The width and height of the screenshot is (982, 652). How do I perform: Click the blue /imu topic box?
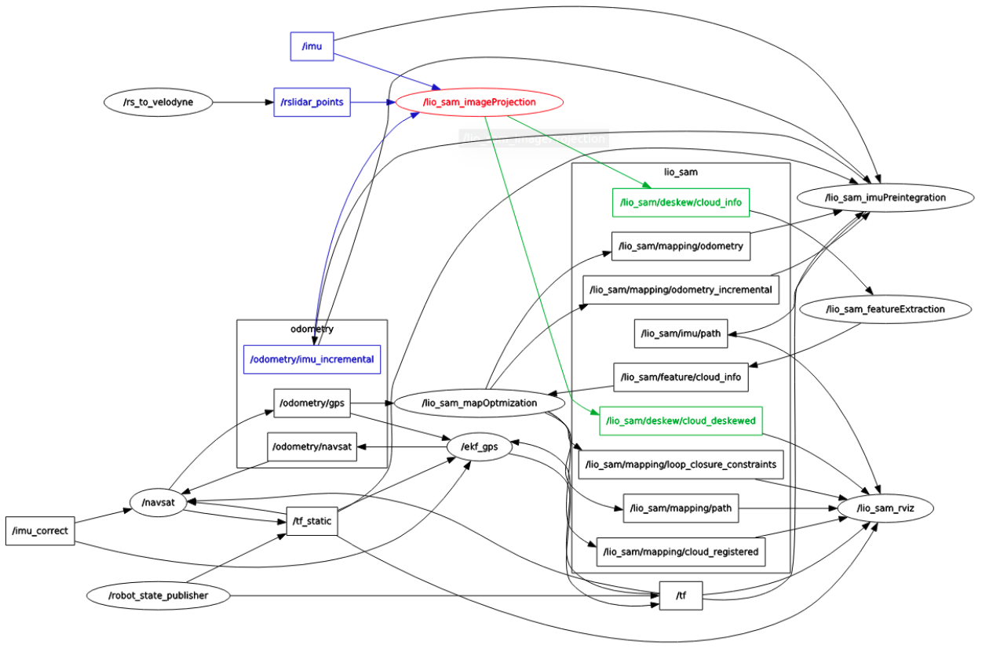tap(312, 47)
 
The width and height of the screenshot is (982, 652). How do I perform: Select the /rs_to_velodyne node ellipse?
tap(158, 102)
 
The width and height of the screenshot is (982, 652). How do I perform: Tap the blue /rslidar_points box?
tap(312, 102)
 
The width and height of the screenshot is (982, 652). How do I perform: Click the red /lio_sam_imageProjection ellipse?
tap(480, 102)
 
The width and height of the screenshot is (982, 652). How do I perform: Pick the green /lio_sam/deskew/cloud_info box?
tap(681, 202)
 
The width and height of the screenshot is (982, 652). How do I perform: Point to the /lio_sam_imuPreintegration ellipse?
tap(885, 198)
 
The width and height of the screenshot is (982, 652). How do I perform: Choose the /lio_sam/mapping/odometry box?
tap(681, 246)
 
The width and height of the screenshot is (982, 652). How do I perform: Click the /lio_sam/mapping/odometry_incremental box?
tap(681, 290)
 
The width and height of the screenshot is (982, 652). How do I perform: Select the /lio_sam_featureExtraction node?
tap(885, 309)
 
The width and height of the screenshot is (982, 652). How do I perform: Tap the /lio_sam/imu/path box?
tap(681, 333)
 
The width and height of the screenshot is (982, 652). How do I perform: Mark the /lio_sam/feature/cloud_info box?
tap(681, 377)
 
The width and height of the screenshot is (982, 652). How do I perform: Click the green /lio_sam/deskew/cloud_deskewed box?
tap(681, 421)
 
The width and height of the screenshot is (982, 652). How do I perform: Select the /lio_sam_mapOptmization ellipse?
tap(480, 403)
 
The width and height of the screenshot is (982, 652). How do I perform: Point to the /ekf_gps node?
tap(479, 447)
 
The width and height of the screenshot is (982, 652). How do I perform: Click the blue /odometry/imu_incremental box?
tap(312, 359)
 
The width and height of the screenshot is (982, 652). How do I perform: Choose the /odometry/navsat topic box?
tap(312, 447)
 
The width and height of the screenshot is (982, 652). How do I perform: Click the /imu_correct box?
tap(40, 530)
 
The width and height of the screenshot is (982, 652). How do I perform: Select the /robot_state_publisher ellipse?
tap(159, 596)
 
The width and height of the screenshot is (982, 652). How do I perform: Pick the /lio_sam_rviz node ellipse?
tap(885, 508)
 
